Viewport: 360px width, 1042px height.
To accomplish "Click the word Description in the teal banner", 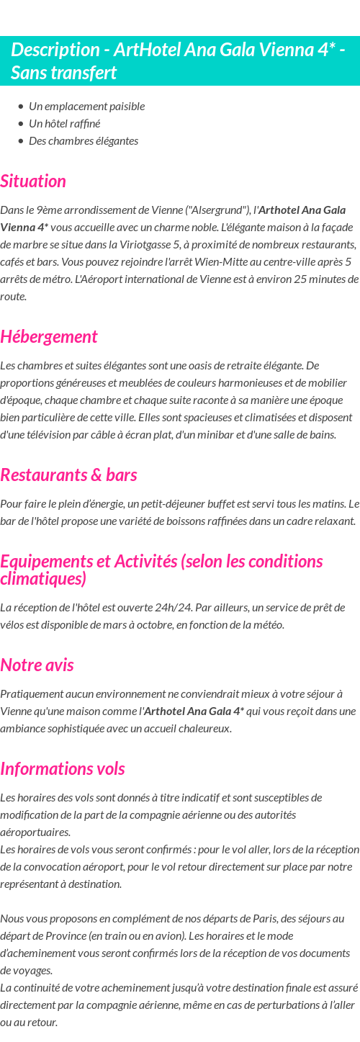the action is tap(55, 50).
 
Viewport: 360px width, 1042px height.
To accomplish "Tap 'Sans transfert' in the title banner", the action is tap(63, 73).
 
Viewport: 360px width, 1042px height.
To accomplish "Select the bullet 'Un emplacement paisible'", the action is tap(86, 107).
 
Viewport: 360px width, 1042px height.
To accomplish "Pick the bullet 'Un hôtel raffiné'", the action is tap(64, 124).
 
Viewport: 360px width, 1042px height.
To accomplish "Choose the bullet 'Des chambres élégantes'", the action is tap(83, 141).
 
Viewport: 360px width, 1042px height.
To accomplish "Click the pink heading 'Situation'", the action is tap(33, 181).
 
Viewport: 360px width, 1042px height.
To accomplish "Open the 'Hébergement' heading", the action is tap(48, 336).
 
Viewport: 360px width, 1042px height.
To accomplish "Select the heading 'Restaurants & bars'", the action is tap(68, 475).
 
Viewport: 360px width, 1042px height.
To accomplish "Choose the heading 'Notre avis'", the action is tap(37, 665).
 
